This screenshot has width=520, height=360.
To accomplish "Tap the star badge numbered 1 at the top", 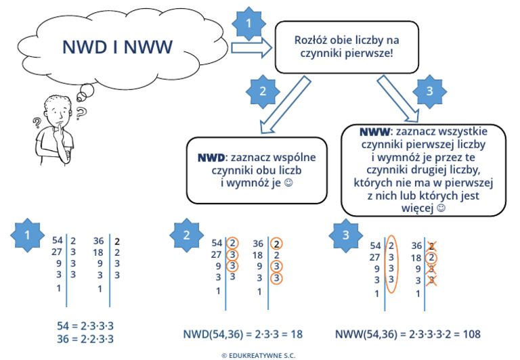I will (251, 24).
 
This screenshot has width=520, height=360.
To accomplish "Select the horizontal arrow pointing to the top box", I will (251, 48).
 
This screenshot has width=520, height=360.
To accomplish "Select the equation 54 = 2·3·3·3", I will (85, 326).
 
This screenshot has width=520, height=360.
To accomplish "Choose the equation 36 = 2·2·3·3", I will (85, 339).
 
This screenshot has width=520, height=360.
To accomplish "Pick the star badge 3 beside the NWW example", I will (346, 235).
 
